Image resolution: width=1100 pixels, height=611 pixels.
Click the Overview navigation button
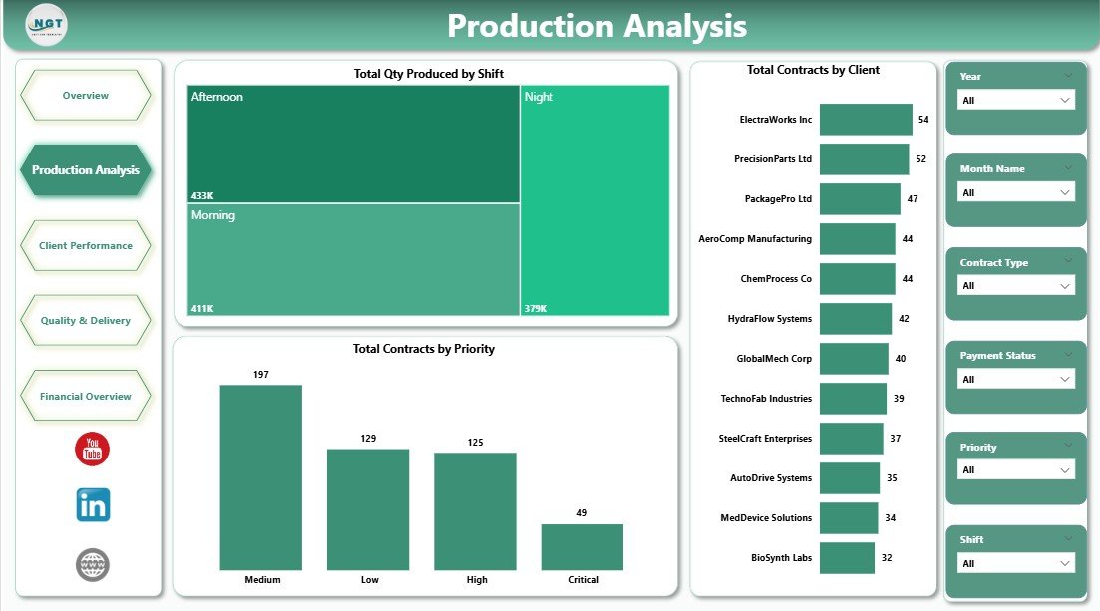85,96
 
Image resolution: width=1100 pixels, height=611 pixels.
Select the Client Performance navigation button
85,246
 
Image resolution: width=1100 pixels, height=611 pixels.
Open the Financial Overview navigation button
85,397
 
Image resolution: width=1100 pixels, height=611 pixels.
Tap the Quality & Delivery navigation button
85,321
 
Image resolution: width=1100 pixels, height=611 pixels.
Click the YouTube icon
92,449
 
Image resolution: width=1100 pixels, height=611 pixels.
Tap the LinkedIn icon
93,505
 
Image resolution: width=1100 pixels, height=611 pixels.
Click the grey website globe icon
93,565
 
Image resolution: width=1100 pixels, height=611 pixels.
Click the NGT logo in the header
46,25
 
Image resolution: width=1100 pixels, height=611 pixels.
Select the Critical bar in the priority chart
581,546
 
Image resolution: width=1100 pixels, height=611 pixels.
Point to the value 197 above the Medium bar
260,375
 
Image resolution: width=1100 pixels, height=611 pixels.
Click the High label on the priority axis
476,580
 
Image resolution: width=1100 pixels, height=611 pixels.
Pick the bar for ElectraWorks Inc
865,120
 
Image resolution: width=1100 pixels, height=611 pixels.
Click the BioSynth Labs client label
781,558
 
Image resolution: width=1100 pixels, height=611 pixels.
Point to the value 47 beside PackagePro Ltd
912,199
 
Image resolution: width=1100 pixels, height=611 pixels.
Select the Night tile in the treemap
593,199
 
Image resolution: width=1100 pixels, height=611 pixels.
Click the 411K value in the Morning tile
201,309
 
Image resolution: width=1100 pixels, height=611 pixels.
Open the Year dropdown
1015,101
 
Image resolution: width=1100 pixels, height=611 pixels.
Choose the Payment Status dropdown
1015,380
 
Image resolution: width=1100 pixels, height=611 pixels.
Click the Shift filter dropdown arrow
1064,564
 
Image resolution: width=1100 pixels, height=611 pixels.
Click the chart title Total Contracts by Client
813,70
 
